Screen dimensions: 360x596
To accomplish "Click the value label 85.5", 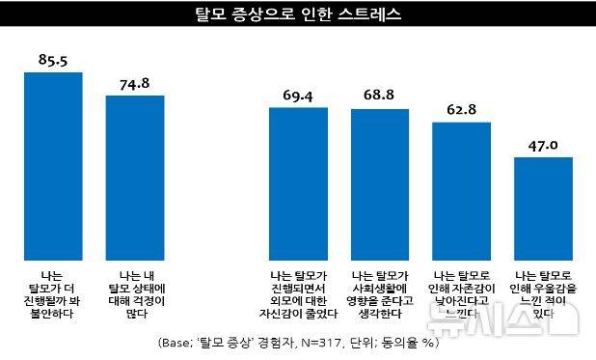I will (x=53, y=59).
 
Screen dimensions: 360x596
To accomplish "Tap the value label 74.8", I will (x=135, y=83).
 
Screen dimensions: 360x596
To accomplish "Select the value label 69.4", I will (x=298, y=96).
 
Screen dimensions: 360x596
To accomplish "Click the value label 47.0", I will (x=544, y=144).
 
